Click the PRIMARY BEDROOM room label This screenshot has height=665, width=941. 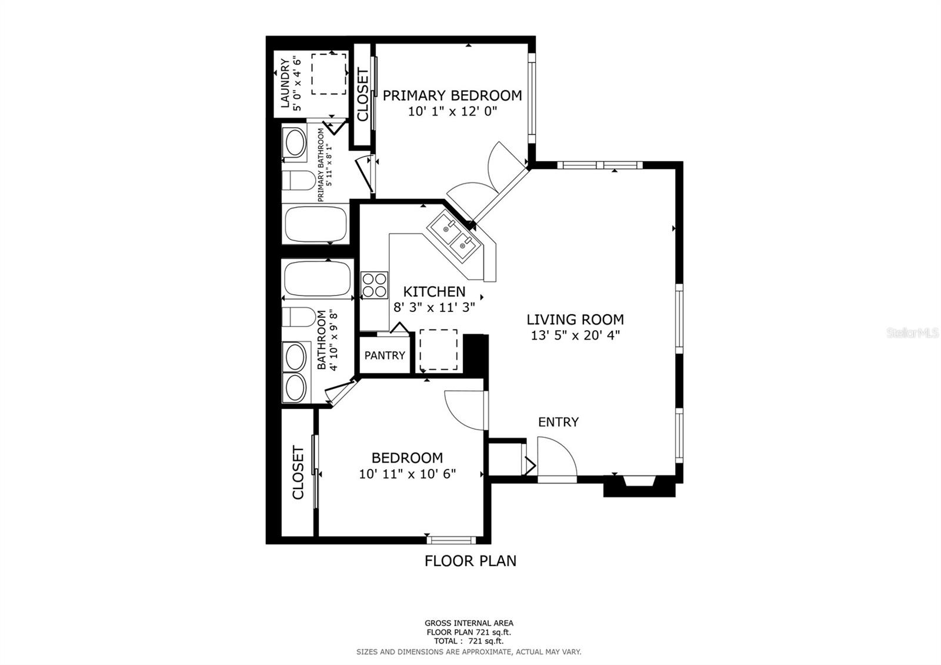(452, 95)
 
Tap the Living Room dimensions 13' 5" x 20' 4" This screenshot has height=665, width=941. (575, 336)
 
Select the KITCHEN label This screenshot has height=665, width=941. (434, 291)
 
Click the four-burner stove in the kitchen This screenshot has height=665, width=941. (375, 285)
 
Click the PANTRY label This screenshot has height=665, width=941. (385, 355)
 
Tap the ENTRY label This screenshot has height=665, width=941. (558, 422)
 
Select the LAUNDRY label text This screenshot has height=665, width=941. (285, 84)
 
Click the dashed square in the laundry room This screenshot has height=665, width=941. (329, 74)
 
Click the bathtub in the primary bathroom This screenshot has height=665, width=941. (317, 224)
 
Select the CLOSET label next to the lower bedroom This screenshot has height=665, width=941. (298, 473)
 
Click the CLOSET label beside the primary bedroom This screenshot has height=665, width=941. (362, 95)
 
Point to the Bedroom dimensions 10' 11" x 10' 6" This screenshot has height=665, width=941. (408, 474)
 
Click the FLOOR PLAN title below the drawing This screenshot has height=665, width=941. (470, 561)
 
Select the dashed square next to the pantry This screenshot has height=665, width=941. (438, 350)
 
